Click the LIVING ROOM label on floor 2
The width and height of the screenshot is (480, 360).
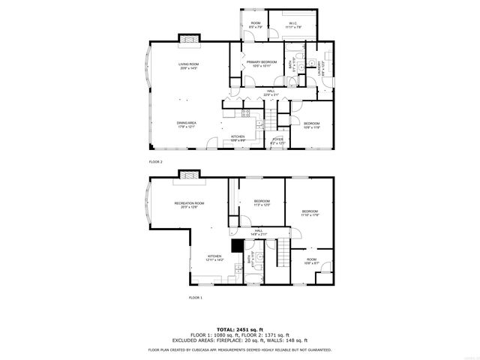click(187, 66)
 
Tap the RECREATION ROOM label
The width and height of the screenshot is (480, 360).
click(190, 205)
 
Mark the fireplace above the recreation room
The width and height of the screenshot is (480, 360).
click(189, 175)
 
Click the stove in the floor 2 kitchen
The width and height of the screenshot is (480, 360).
click(245, 113)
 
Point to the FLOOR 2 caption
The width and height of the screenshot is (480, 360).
click(155, 162)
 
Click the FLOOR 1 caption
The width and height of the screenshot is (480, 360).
click(195, 298)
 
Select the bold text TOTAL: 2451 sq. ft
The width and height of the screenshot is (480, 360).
click(240, 329)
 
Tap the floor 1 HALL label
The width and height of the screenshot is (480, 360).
click(258, 232)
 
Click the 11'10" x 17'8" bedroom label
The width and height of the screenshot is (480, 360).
click(310, 214)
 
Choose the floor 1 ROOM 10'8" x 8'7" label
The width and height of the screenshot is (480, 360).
click(311, 262)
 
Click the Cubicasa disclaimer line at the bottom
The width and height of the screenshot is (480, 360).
click(240, 349)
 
